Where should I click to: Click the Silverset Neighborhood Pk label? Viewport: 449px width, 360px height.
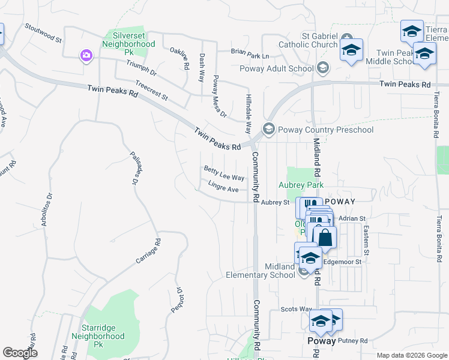click(128, 44)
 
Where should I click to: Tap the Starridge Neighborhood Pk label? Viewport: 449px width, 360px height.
click(103, 337)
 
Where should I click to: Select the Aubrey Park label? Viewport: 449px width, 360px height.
click(301, 185)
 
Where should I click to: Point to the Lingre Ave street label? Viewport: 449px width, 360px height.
click(223, 188)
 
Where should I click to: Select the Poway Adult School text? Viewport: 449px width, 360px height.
click(277, 68)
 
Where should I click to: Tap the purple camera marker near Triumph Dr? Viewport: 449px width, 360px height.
click(87, 56)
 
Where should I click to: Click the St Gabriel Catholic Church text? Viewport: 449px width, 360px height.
click(320, 40)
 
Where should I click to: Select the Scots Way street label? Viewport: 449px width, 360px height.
click(296, 309)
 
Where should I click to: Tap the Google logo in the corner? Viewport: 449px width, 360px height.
click(20, 353)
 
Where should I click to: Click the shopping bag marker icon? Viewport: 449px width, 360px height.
click(325, 238)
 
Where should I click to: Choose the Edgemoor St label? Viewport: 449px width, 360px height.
click(342, 262)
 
